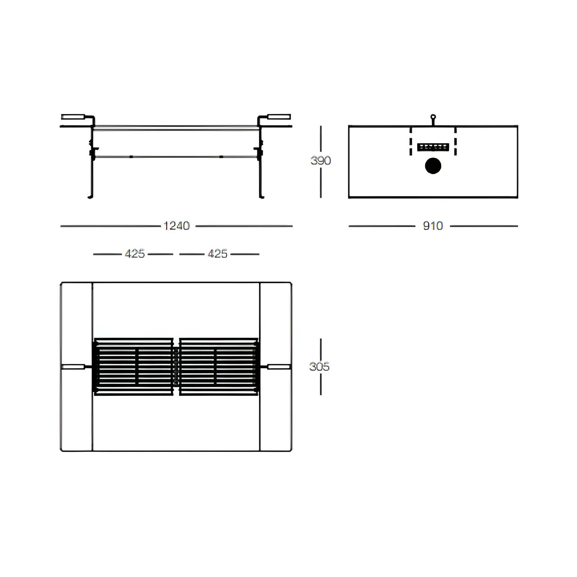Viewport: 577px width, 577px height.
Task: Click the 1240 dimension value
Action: coord(176,226)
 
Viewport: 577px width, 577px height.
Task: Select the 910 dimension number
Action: coord(433,226)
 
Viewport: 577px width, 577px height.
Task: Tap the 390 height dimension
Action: coord(320,160)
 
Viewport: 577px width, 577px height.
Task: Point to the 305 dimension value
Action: coord(319,367)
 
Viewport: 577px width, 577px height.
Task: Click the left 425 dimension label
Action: coord(134,254)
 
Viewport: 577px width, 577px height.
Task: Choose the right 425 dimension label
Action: coord(218,254)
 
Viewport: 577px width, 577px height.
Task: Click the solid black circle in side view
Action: coord(433,166)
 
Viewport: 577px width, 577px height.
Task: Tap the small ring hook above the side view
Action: coord(433,117)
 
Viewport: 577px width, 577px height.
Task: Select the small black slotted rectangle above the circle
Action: coord(433,147)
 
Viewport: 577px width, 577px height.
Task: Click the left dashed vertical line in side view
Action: coord(411,142)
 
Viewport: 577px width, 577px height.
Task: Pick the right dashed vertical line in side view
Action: coord(455,142)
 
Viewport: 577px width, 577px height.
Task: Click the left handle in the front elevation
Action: coord(73,117)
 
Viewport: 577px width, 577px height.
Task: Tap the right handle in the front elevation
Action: coord(279,117)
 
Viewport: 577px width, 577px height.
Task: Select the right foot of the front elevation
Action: coord(262,197)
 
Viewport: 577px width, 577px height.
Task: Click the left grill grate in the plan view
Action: coord(134,367)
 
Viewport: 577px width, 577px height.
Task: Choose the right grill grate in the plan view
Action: coord(219,367)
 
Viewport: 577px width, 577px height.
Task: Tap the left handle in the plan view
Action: coord(73,367)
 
